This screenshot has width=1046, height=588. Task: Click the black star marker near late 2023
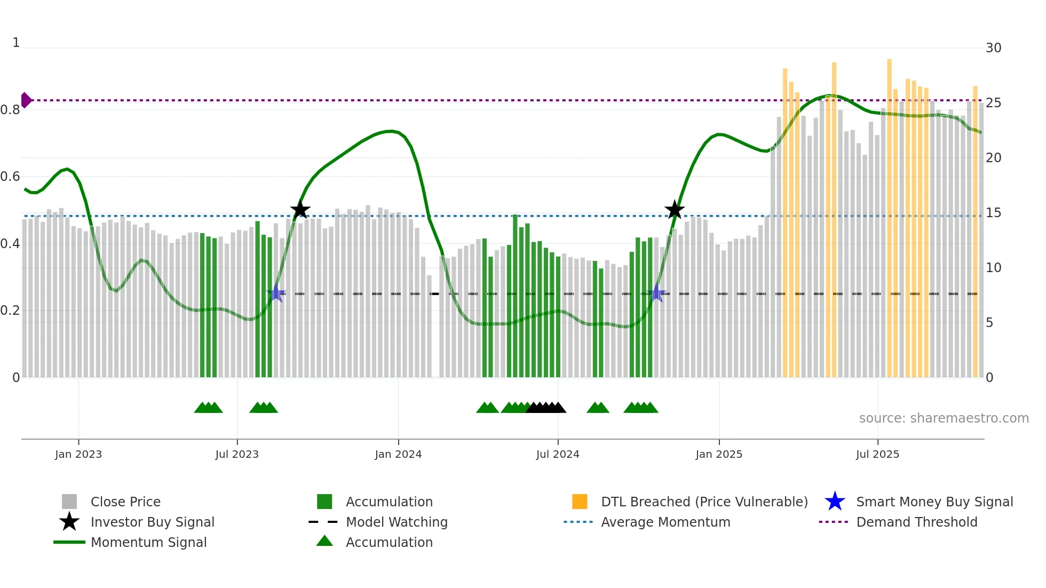coord(300,210)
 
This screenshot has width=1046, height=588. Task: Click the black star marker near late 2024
coord(675,210)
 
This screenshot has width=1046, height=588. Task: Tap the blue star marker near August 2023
coord(276,293)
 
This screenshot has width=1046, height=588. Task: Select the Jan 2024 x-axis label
coord(398,454)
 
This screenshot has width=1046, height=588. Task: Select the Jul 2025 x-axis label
coord(877,454)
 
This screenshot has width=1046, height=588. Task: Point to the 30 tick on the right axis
coord(993,48)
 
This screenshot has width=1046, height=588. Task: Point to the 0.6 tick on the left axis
coord(11,177)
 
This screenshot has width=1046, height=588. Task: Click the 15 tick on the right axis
coord(993,213)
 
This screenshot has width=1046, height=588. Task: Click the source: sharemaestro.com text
coord(944,418)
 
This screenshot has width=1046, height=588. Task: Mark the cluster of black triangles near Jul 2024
coord(545,408)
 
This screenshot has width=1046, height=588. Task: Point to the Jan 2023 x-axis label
coord(78,454)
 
